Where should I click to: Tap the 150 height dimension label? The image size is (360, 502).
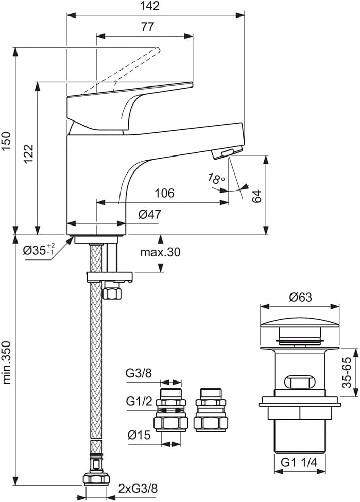7,140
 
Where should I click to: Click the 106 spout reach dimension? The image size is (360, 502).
164,194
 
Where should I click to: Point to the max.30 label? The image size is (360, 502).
160,252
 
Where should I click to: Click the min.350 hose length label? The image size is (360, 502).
7,356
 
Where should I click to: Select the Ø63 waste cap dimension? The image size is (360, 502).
300,297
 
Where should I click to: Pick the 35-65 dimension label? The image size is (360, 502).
348,366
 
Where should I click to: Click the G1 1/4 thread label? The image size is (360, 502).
299,463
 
